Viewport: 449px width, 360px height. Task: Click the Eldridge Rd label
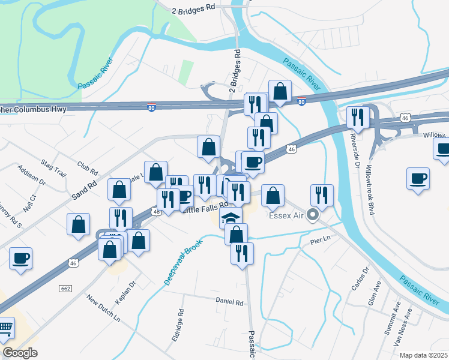point(179,322)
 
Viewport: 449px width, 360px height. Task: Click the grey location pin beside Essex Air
point(312,214)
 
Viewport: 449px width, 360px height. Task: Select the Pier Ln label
point(321,240)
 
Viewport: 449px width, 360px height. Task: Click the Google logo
point(20,353)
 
